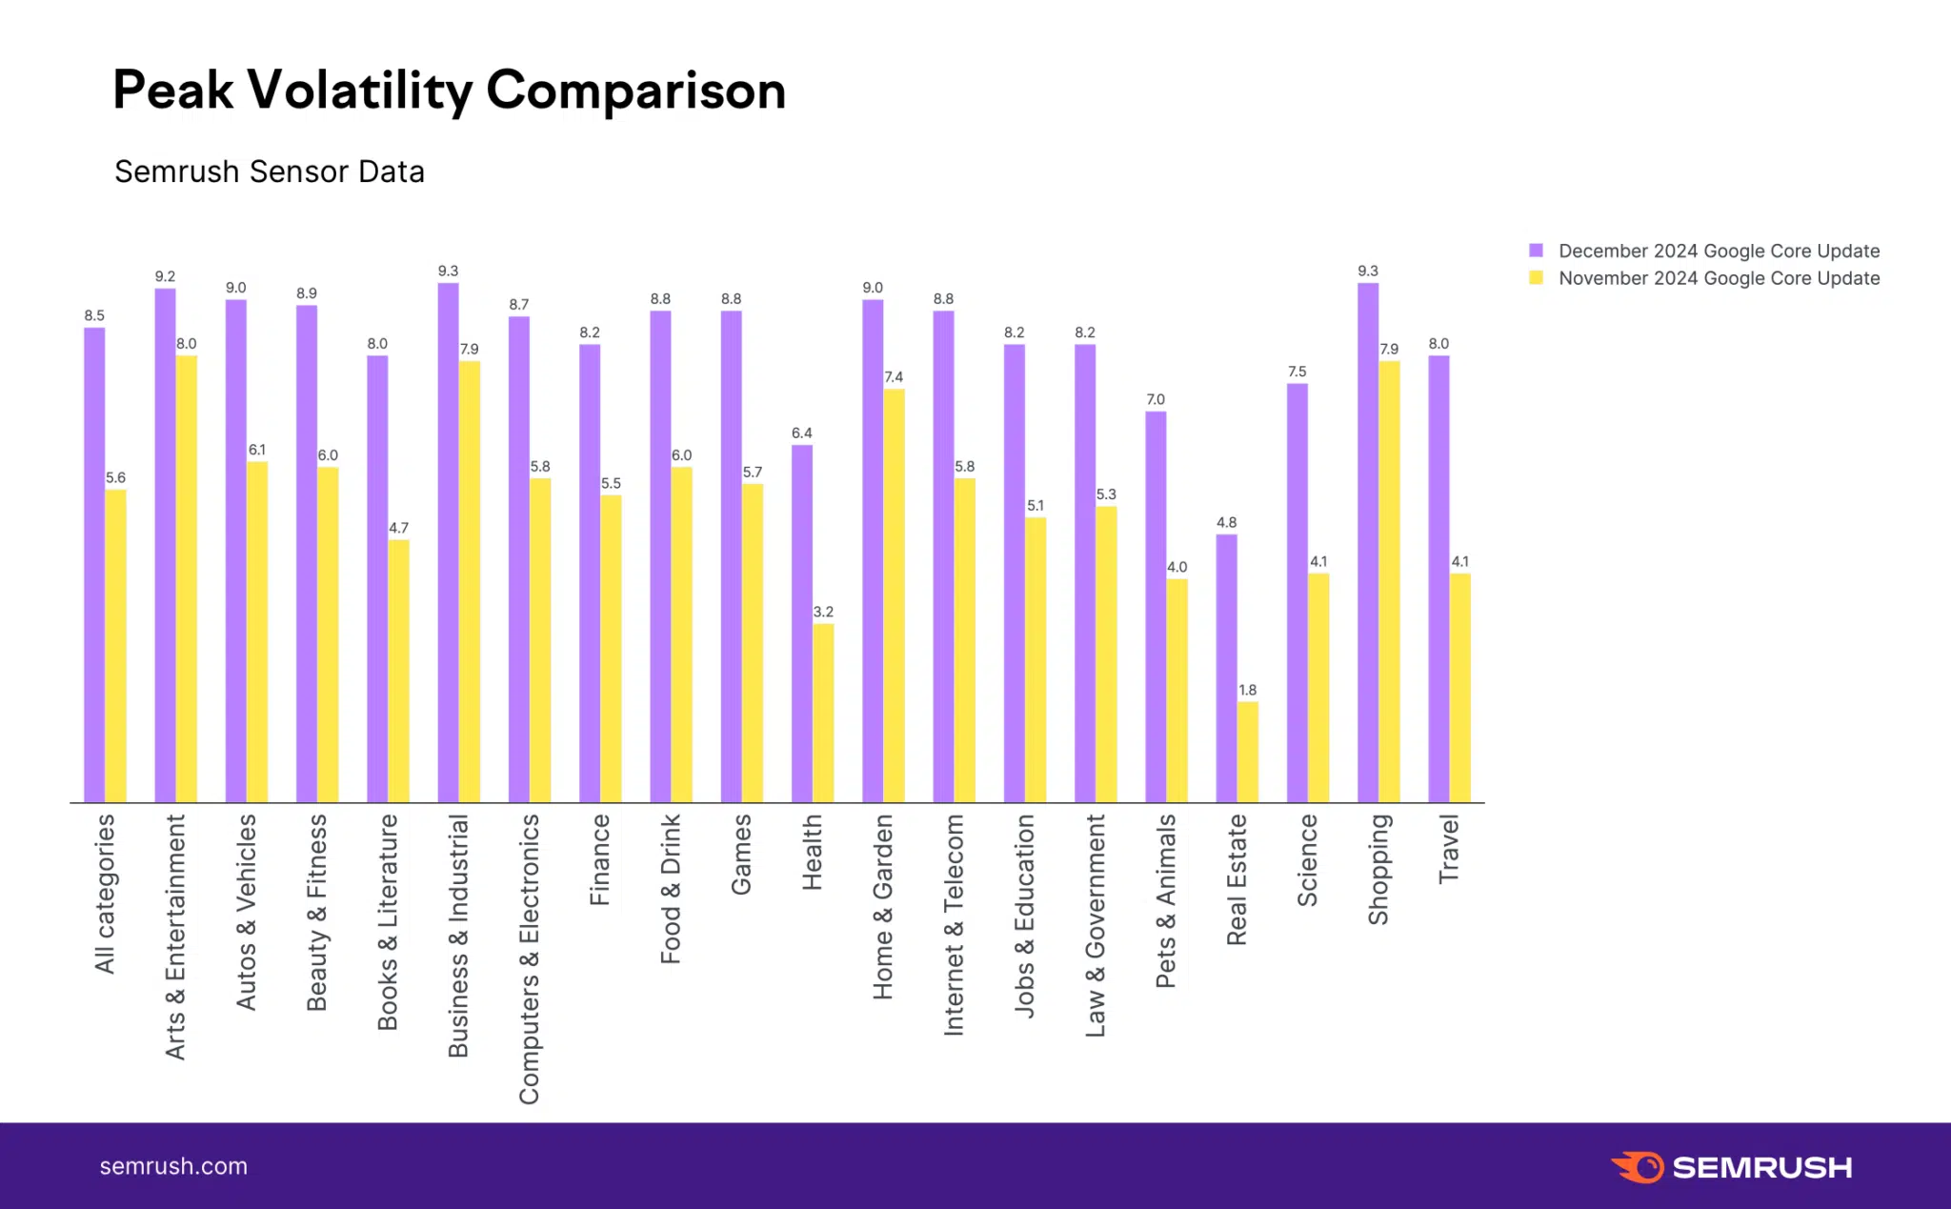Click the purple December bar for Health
pos(802,624)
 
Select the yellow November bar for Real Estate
pos(1247,752)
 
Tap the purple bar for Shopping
pos(1368,543)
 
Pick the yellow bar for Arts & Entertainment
pos(187,578)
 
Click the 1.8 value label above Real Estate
pos(1247,690)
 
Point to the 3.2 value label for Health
pos(823,612)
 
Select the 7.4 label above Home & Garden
pos(894,377)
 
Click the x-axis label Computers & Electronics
pos(529,958)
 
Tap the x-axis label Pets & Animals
pos(1166,900)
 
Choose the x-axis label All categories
pos(105,894)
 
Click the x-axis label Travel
pos(1449,849)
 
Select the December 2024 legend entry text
pos(1719,251)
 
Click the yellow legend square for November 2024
pos(1536,278)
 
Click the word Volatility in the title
pos(359,91)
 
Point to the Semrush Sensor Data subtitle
pos(270,171)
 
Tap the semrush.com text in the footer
pos(173,1166)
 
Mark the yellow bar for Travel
pos(1459,687)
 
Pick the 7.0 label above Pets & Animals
pos(1156,399)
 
